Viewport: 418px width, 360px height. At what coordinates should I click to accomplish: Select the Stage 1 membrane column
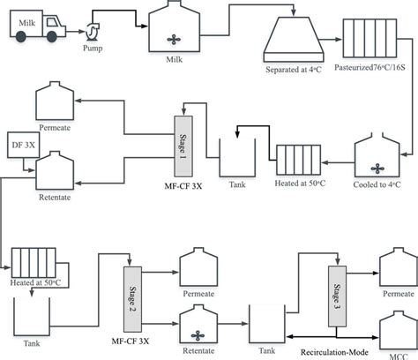[183, 138]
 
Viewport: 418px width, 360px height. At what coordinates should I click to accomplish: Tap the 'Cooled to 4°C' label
[377, 184]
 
